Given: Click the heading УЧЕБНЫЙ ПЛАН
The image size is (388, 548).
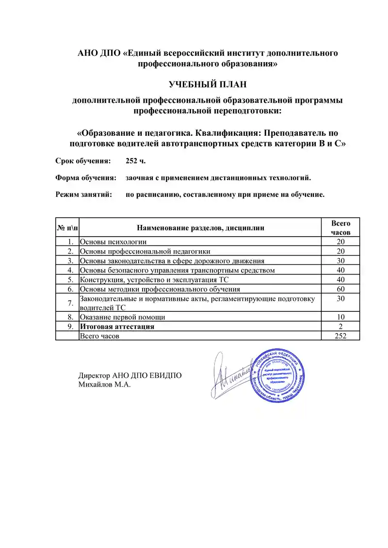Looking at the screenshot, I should click(x=208, y=84).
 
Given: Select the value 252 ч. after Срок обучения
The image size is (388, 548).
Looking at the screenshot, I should click(x=135, y=161).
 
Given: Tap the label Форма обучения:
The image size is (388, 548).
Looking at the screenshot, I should click(x=85, y=177).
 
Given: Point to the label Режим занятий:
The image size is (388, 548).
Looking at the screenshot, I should click(x=84, y=194).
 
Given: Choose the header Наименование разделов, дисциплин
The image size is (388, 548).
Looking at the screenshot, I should click(x=201, y=227).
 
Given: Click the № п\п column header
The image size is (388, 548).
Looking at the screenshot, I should click(x=67, y=227).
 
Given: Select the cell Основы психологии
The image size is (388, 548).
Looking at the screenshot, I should click(x=113, y=242).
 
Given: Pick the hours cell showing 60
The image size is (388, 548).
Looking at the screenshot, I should click(x=340, y=289).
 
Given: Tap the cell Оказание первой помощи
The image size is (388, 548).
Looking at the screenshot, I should click(x=122, y=317).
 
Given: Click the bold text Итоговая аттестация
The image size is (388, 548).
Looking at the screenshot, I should click(x=117, y=326).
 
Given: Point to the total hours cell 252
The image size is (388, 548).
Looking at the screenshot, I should click(x=340, y=336).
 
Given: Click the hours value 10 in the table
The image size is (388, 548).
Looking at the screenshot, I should click(x=340, y=317).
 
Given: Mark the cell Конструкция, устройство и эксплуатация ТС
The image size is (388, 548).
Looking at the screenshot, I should click(x=154, y=280).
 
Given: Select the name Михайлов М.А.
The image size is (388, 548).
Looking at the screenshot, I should click(x=105, y=385).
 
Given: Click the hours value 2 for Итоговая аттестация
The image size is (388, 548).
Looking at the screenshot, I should click(x=340, y=326).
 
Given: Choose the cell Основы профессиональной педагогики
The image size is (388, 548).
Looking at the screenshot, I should click(x=145, y=251).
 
